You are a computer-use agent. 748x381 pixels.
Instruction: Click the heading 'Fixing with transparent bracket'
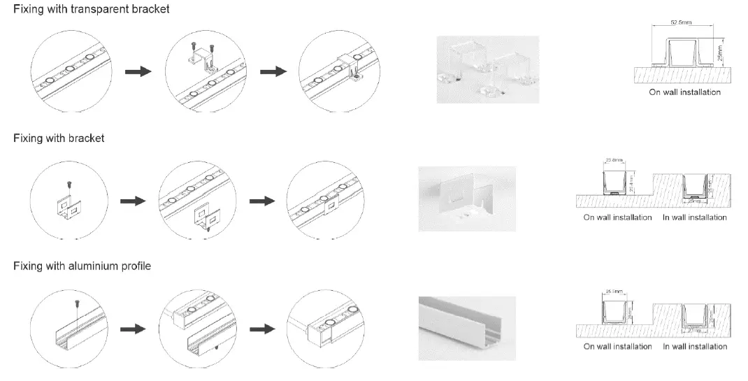(x=92, y=10)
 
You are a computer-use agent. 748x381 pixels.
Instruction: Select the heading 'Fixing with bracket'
(x=59, y=138)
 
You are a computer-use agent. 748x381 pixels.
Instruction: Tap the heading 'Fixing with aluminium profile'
(x=82, y=266)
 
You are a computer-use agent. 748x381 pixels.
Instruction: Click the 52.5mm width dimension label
(x=681, y=23)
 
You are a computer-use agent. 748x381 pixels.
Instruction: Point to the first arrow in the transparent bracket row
(x=137, y=71)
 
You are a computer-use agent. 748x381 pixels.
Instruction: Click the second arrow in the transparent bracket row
(x=272, y=71)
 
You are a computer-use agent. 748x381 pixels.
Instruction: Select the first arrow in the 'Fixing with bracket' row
(x=132, y=201)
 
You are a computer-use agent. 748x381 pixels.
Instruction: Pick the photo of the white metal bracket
(x=466, y=199)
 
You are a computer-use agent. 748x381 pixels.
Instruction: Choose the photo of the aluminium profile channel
(x=466, y=329)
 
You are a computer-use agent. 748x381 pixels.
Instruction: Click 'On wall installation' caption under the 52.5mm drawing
(x=684, y=92)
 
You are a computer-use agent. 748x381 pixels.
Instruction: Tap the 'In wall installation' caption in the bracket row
(x=694, y=217)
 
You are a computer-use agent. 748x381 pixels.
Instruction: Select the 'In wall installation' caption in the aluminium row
(x=694, y=346)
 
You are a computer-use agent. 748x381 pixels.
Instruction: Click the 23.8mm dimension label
(x=613, y=160)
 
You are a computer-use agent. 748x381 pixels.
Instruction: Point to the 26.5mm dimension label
(x=613, y=289)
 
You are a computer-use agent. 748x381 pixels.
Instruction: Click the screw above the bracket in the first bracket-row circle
(x=68, y=183)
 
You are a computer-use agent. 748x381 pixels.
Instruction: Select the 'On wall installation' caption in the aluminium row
(x=617, y=346)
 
